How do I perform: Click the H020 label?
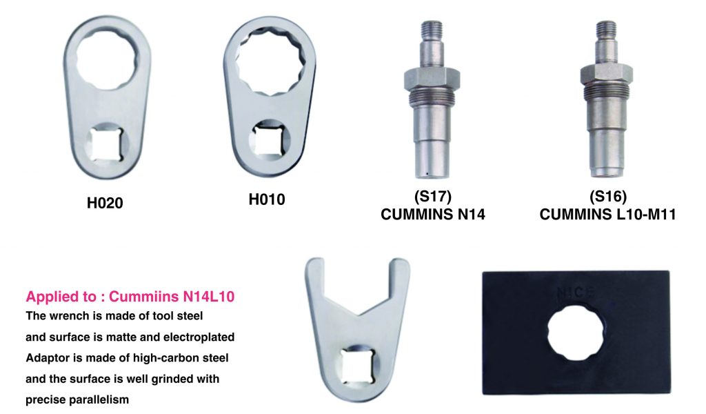coord(105,203)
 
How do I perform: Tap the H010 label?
coord(267,199)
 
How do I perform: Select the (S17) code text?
coord(432,196)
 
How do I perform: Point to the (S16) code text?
coord(608,196)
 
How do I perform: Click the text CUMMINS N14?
coord(433,215)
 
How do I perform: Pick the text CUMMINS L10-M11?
coord(608,215)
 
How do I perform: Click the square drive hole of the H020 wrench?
coord(106,144)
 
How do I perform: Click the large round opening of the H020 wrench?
coord(106,57)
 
